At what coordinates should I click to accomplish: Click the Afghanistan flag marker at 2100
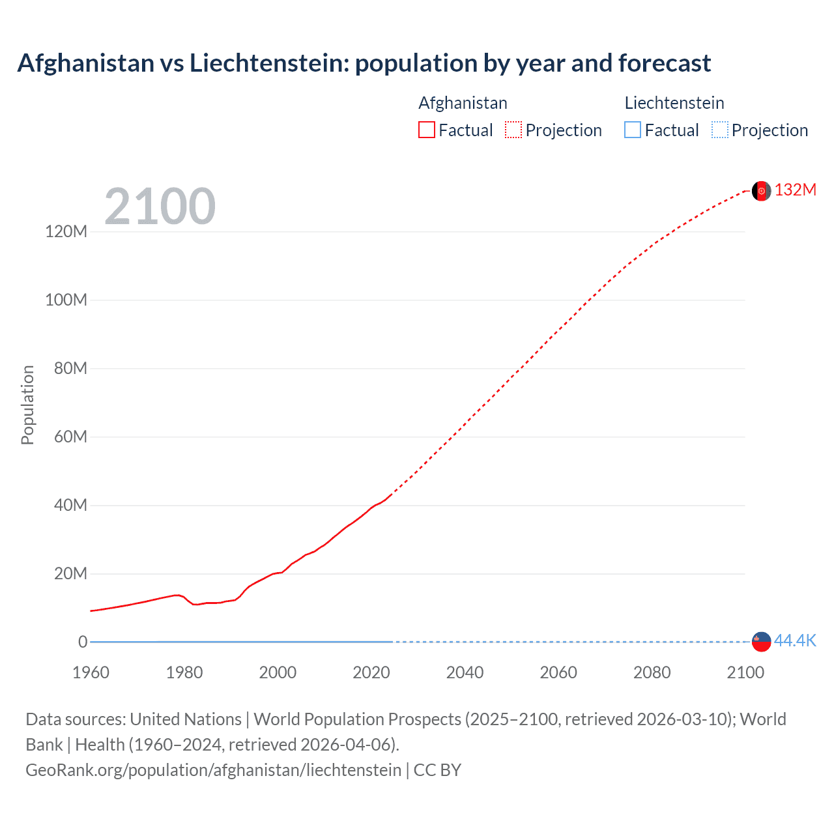pyautogui.click(x=761, y=191)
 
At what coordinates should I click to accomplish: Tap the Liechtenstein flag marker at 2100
pyautogui.click(x=761, y=642)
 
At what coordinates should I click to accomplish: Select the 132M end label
pyautogui.click(x=796, y=190)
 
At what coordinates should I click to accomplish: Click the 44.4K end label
pyautogui.click(x=795, y=641)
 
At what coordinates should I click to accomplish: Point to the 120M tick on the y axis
pyautogui.click(x=66, y=231)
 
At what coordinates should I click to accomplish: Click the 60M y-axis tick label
pyautogui.click(x=70, y=437)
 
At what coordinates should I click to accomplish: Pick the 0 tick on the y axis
pyautogui.click(x=83, y=642)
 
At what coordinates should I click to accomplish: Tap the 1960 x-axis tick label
pyautogui.click(x=91, y=672)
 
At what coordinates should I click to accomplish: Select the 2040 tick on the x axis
pyautogui.click(x=465, y=672)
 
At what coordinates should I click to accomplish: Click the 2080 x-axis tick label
pyautogui.click(x=652, y=672)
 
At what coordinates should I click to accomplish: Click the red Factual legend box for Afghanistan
pyautogui.click(x=427, y=130)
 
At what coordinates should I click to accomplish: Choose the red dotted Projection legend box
pyautogui.click(x=513, y=130)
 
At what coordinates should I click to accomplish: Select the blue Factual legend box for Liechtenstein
pyautogui.click(x=633, y=130)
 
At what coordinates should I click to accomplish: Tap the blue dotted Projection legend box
pyautogui.click(x=720, y=130)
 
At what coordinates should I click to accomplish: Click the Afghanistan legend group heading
pyautogui.click(x=463, y=103)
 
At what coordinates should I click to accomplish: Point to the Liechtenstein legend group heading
pyautogui.click(x=674, y=103)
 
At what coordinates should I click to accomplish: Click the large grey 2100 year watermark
pyautogui.click(x=160, y=207)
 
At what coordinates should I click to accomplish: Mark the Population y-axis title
pyautogui.click(x=27, y=405)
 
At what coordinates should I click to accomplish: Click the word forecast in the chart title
pyautogui.click(x=664, y=63)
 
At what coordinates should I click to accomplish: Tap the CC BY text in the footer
pyautogui.click(x=437, y=770)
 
